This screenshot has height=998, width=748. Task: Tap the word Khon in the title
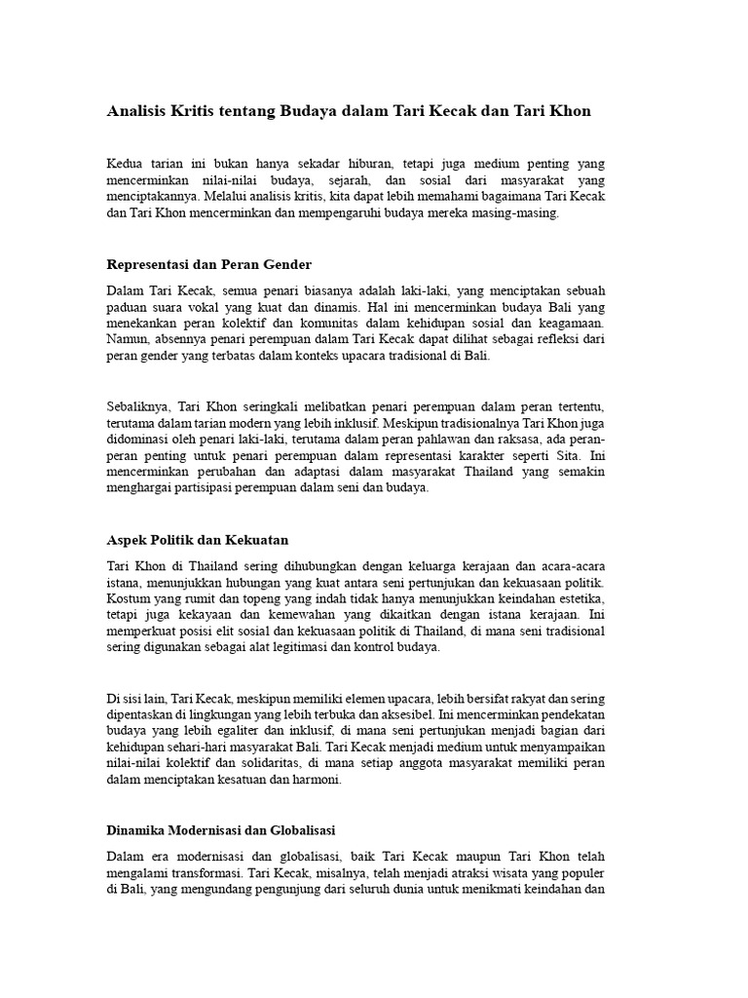[x=570, y=112]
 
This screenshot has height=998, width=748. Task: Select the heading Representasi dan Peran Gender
[x=207, y=264]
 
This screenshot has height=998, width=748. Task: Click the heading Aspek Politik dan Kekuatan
[x=196, y=539]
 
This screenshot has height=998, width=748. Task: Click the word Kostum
[x=128, y=596]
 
